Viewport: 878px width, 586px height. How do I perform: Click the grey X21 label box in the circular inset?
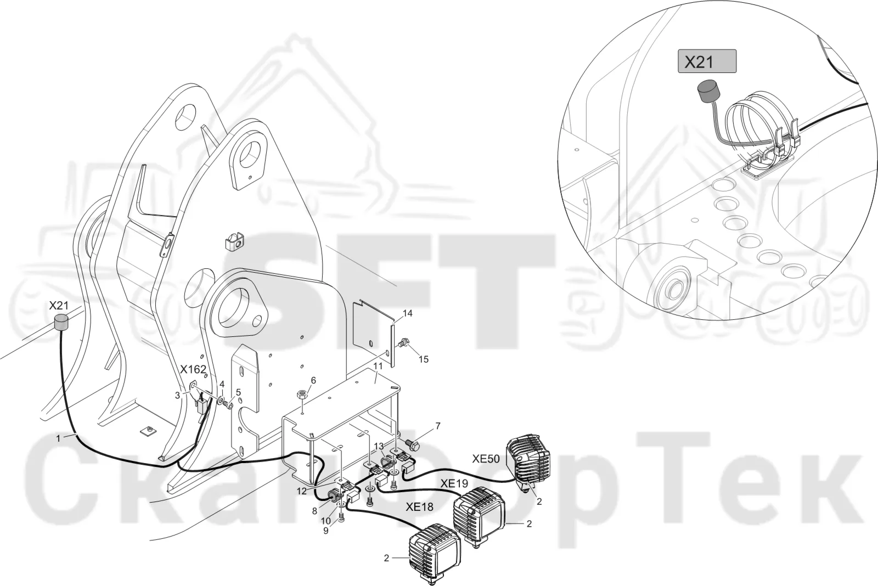click(x=707, y=61)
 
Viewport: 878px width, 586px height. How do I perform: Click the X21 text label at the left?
click(x=58, y=306)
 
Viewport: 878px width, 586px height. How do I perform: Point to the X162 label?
click(x=193, y=369)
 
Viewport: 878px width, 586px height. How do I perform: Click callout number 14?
click(x=408, y=313)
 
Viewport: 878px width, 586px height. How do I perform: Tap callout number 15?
click(x=423, y=359)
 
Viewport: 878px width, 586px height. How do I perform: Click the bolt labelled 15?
click(x=403, y=344)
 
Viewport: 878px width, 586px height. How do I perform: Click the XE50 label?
click(x=486, y=459)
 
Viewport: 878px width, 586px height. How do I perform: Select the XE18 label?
click(x=419, y=507)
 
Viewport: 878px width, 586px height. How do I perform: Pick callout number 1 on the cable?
click(x=58, y=438)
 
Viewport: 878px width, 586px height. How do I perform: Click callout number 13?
click(x=379, y=446)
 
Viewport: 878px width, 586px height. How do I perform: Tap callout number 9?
click(x=326, y=531)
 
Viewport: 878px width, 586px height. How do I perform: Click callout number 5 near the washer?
click(x=238, y=392)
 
